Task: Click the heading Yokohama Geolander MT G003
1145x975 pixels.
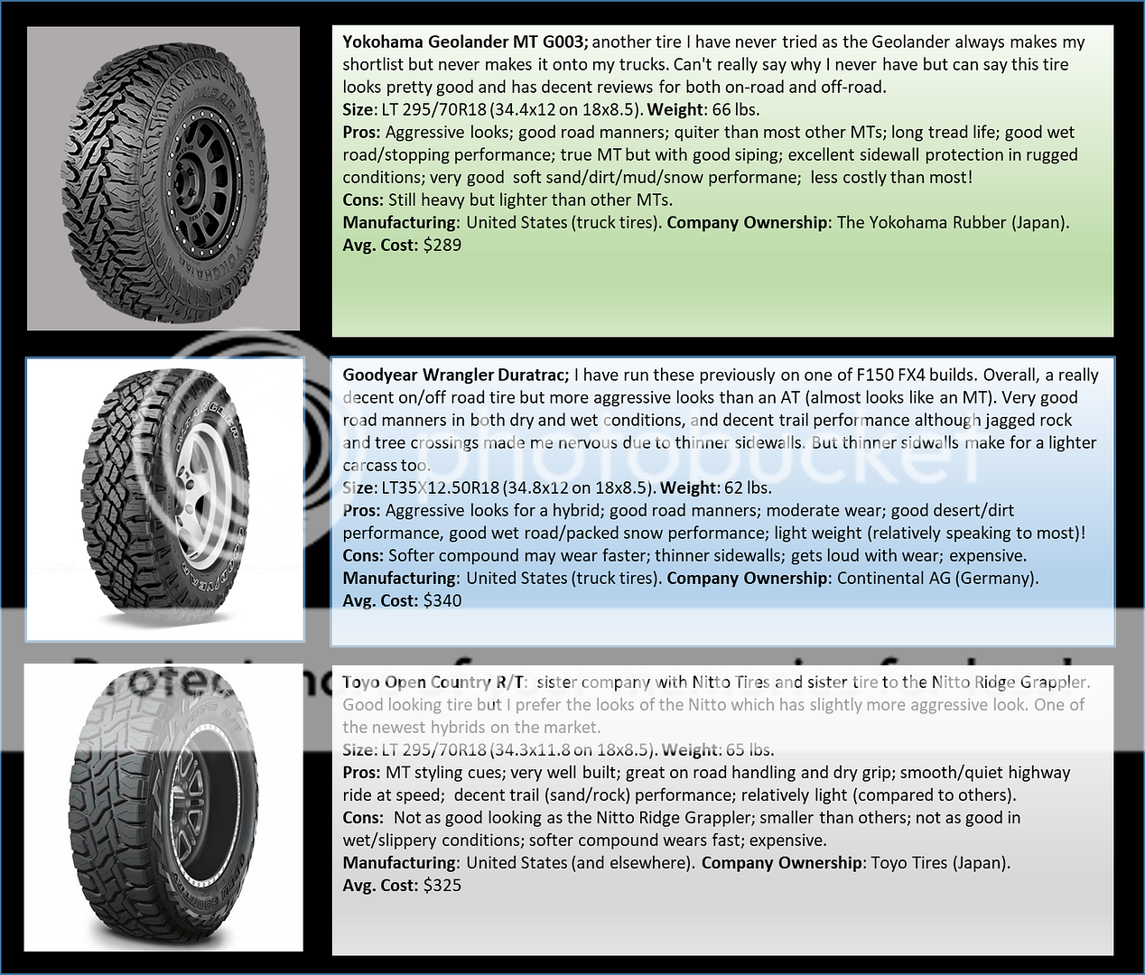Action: tap(465, 42)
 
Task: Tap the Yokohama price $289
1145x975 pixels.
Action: tap(442, 245)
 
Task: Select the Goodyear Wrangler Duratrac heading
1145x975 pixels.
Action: tap(455, 375)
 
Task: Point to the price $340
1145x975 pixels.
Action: tap(442, 600)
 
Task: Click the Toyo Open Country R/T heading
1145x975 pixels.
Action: tap(433, 682)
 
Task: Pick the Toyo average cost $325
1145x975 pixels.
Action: tap(442, 885)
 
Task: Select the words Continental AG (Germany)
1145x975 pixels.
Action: tap(937, 578)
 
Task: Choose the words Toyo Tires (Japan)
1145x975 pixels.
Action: tap(940, 862)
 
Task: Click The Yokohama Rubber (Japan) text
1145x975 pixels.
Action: tap(953, 222)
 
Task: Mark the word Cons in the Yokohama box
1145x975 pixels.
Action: tap(362, 200)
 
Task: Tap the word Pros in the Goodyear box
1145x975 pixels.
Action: tap(362, 510)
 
